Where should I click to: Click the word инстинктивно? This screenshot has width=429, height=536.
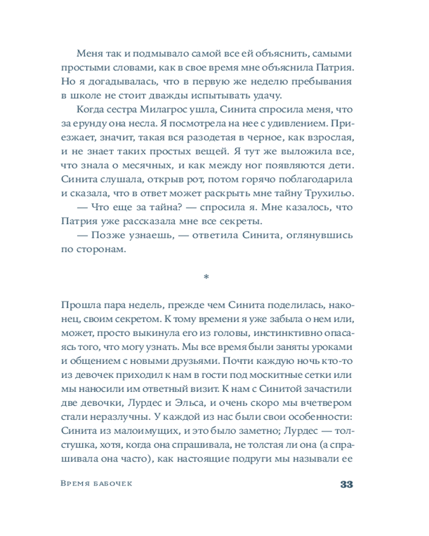coord(282,332)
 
